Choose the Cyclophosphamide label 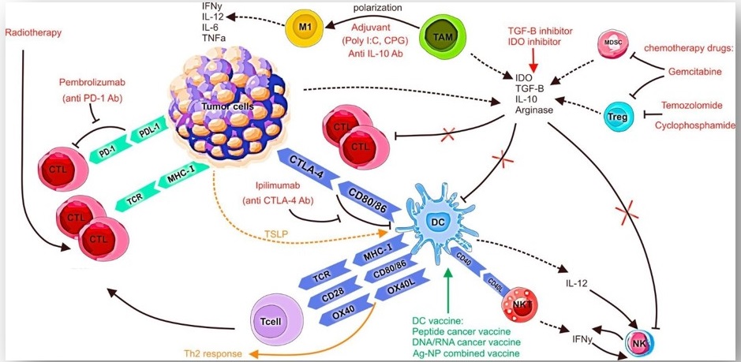coord(693,126)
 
